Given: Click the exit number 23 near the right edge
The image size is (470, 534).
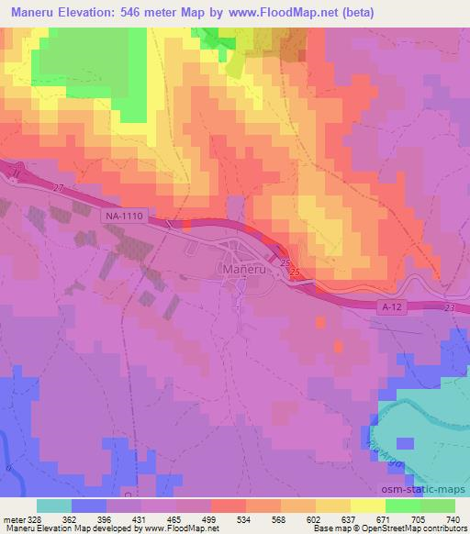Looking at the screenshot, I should click(448, 309).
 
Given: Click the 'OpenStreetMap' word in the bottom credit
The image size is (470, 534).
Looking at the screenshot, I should click(392, 528).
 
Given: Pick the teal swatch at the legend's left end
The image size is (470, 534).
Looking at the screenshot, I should click(54, 506).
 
